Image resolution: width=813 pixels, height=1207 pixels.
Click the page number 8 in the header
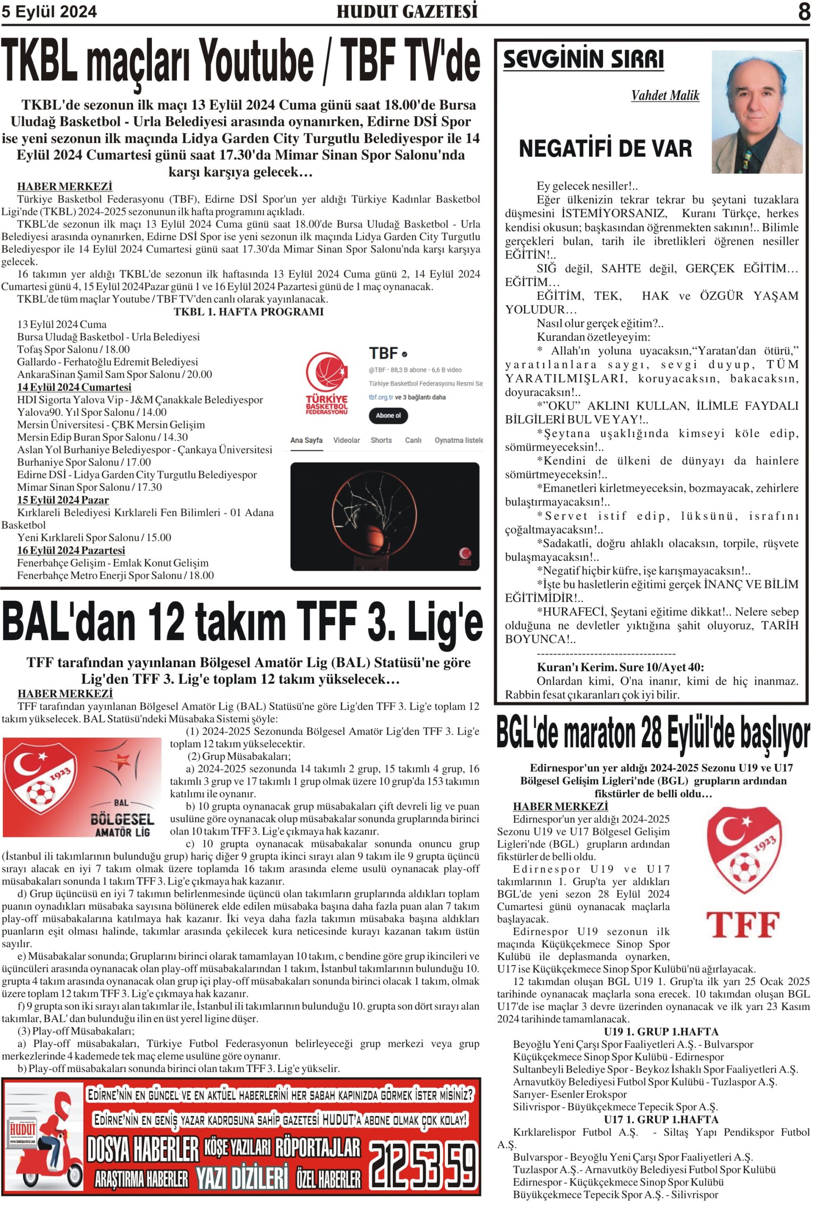tap(803, 11)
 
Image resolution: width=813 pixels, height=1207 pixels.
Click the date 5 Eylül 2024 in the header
tap(49, 12)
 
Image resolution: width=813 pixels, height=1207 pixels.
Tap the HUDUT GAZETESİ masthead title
tap(407, 11)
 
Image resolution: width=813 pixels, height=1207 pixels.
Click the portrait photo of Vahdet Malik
tap(756, 111)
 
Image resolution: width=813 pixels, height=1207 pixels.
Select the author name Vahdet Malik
tap(665, 96)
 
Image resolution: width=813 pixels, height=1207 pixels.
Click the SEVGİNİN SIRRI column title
tap(583, 59)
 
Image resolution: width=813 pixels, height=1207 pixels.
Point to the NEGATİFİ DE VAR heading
tap(605, 149)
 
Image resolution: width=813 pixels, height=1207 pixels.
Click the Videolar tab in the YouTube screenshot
tap(346, 440)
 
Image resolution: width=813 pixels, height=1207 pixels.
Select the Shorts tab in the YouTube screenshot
tap(381, 440)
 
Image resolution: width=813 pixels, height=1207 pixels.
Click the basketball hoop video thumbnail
tap(385, 516)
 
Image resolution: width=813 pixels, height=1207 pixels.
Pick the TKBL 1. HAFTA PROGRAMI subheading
tap(249, 312)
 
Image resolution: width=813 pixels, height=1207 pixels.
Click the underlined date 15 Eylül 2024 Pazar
tap(63, 500)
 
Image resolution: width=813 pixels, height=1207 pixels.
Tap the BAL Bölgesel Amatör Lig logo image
tap(82, 787)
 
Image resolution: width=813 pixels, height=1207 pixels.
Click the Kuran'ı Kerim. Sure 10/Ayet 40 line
tap(620, 667)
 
